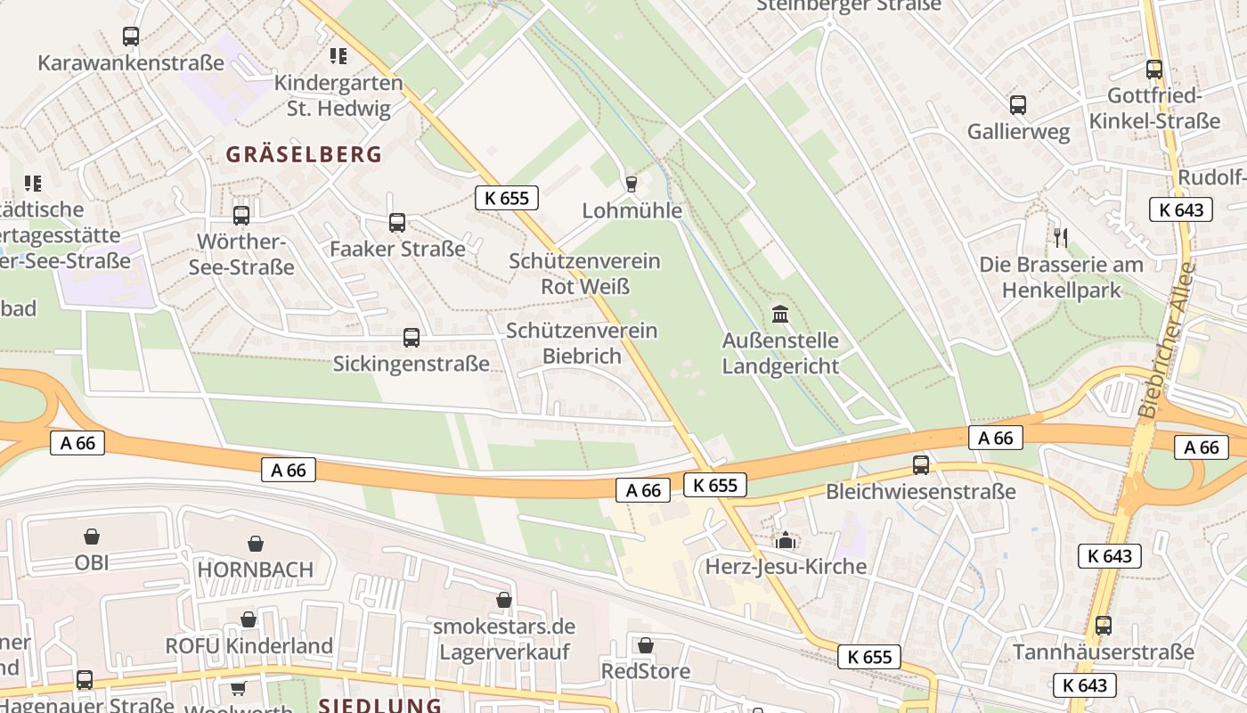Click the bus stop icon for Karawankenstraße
[131, 37]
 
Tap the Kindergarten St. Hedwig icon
[338, 56]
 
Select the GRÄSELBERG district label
[304, 154]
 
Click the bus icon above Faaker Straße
[397, 223]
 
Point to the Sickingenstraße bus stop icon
[411, 338]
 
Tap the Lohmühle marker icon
[632, 184]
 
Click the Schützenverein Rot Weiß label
[584, 274]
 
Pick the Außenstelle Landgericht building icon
[780, 314]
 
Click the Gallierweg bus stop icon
[1018, 105]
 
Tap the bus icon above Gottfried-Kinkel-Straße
[1154, 70]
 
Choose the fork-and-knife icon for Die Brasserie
[1060, 238]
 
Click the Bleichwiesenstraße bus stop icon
[921, 465]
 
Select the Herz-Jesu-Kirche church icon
[785, 540]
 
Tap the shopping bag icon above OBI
[91, 537]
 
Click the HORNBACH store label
[255, 570]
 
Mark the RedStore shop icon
[646, 644]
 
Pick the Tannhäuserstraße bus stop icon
[1104, 626]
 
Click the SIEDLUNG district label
[380, 705]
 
